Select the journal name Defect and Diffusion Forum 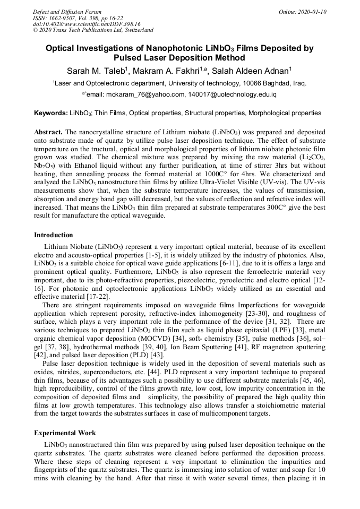click(x=67, y=12)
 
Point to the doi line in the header click(x=87, y=24)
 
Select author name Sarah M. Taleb click(x=95, y=71)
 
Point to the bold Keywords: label click(x=51, y=113)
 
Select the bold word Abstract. click(x=48, y=131)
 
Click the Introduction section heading click(x=54, y=235)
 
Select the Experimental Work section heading click(x=65, y=433)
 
